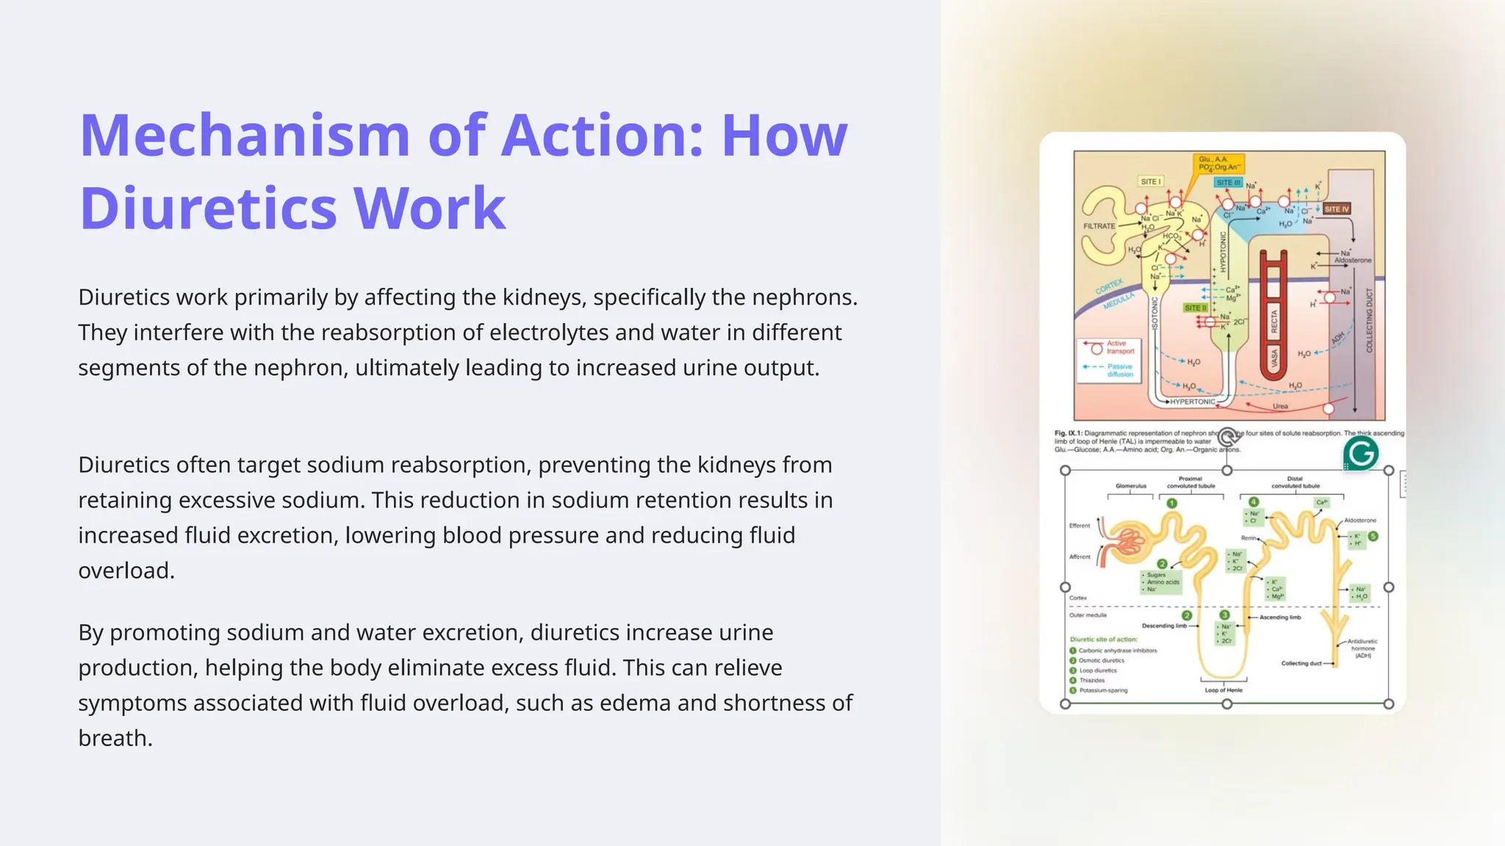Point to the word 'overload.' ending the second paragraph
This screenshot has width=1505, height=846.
click(126, 571)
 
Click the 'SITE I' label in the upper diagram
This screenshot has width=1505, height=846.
click(1150, 181)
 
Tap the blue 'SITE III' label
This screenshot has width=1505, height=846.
click(1228, 183)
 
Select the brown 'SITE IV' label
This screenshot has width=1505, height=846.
click(1337, 209)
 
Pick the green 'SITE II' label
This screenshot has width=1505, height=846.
click(1196, 308)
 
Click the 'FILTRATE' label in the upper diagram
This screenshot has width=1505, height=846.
click(1099, 226)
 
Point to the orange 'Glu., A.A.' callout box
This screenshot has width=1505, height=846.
click(1217, 163)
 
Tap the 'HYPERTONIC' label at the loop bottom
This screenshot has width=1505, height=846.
click(1192, 402)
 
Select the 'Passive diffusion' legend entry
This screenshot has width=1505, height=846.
click(1119, 370)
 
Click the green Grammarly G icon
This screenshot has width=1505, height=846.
click(1360, 454)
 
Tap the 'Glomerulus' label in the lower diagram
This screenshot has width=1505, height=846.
click(1130, 486)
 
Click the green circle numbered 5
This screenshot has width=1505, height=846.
click(1373, 537)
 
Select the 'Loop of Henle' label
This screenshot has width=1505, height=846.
click(1224, 690)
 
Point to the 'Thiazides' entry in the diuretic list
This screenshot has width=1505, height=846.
click(1092, 681)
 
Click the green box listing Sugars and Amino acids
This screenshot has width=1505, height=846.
click(1161, 582)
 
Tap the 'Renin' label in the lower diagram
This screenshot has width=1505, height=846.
click(1249, 538)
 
